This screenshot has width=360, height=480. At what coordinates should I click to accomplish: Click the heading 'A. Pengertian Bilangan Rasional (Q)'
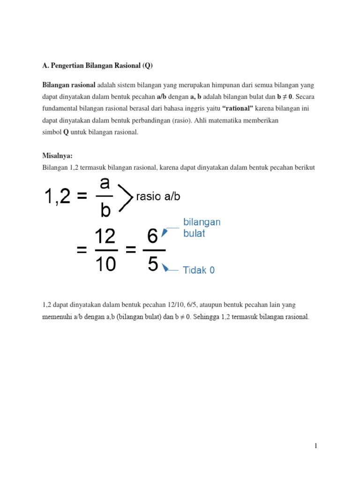click(97, 66)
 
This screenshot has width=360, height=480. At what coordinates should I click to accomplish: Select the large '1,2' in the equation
click(58, 196)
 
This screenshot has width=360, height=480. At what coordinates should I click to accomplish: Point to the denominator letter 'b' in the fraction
click(105, 210)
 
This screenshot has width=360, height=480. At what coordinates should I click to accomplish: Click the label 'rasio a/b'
click(158, 197)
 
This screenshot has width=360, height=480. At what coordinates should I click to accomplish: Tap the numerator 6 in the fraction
click(152, 237)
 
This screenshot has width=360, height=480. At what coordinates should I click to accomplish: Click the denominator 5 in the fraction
click(153, 265)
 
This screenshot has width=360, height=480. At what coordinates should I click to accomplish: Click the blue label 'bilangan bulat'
click(202, 227)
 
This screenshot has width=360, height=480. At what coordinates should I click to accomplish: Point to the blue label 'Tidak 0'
click(199, 270)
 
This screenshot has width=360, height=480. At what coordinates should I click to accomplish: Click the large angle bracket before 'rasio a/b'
click(125, 197)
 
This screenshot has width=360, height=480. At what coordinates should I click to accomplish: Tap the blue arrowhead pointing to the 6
click(165, 232)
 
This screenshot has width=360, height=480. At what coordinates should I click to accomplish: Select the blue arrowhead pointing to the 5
click(165, 267)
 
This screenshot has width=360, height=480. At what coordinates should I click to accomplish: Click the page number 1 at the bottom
click(316, 445)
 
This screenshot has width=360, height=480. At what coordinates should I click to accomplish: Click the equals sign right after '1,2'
click(82, 197)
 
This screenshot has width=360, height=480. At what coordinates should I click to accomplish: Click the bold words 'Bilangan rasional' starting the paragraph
click(69, 85)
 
